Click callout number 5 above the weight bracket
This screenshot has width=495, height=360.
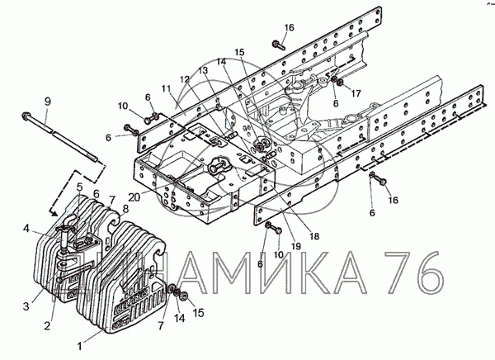80,187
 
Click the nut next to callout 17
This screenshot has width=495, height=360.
339,83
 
